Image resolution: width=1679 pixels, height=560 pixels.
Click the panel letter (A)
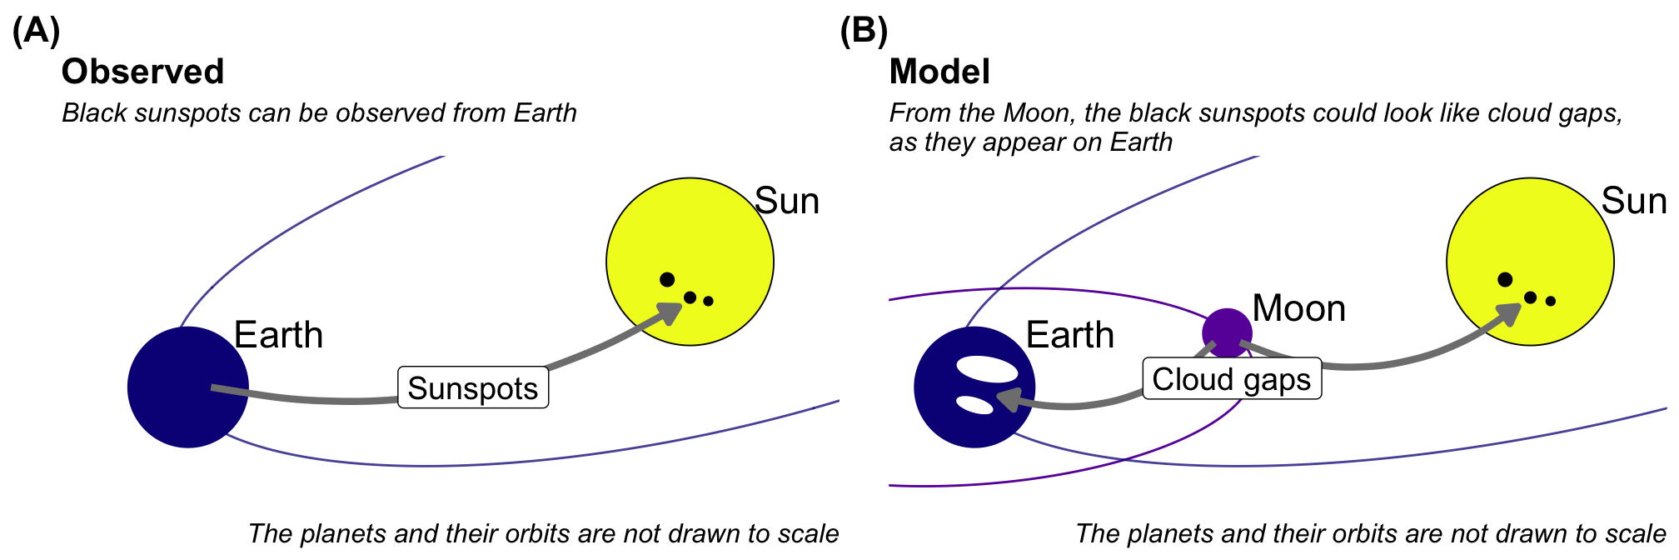tap(36, 31)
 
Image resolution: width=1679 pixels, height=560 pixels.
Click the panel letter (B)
tap(864, 31)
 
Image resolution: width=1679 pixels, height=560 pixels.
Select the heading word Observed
tap(142, 72)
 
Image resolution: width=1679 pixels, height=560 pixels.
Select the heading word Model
tap(939, 72)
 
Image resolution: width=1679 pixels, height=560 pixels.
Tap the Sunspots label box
tap(473, 387)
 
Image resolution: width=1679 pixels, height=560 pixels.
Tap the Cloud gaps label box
tap(1232, 378)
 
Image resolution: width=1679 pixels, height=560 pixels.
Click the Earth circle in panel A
tap(179, 396)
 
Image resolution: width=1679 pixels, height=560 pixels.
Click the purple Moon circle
tap(1227, 332)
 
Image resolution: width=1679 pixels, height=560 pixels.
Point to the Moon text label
tap(1298, 308)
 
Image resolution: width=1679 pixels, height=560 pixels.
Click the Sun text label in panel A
tap(786, 201)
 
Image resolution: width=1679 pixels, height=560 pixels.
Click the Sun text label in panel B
tap(1634, 201)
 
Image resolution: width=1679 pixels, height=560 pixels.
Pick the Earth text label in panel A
tap(278, 335)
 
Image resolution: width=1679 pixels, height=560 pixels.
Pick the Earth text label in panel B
tap(1069, 335)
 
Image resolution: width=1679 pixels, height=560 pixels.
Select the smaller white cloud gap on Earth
tap(974, 405)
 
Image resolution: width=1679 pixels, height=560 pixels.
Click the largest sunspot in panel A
tap(667, 279)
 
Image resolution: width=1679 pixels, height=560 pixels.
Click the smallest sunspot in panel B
tap(1551, 301)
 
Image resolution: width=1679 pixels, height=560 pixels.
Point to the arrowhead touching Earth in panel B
tap(1007, 399)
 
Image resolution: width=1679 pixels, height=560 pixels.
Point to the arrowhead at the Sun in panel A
tap(671, 312)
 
